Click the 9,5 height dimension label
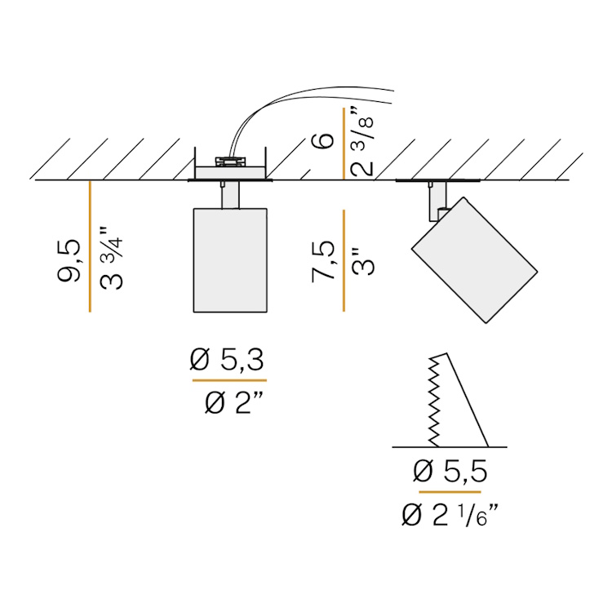click(69, 260)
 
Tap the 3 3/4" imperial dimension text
click(111, 259)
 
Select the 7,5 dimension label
click(323, 261)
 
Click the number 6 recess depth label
click(323, 141)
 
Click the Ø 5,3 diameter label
click(227, 360)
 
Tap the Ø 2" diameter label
click(234, 402)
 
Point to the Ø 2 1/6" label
click(450, 515)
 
